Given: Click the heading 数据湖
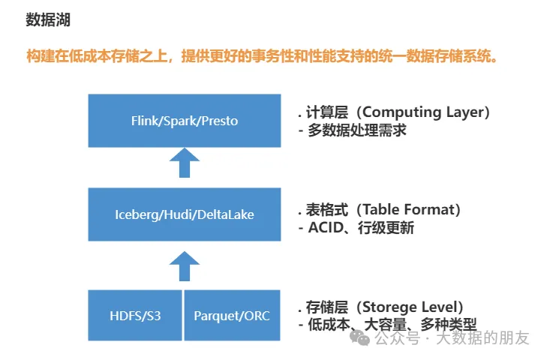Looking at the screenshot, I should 48,20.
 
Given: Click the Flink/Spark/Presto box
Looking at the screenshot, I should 185,120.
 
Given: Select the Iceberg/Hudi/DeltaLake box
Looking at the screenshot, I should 185,214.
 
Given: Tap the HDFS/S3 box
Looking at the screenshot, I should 135,315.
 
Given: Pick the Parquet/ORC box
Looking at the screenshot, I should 232,315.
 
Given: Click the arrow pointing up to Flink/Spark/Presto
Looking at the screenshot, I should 185,162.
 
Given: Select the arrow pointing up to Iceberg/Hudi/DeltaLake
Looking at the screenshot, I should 185,265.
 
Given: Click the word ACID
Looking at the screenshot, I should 326,228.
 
